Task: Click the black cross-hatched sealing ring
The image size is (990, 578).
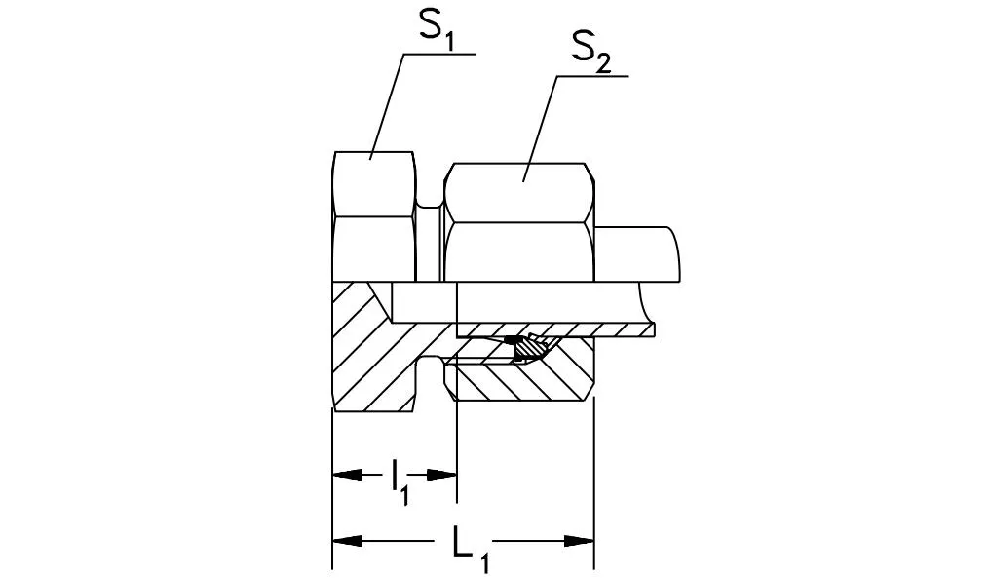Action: (527, 345)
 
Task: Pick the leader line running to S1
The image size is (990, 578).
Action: (388, 107)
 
